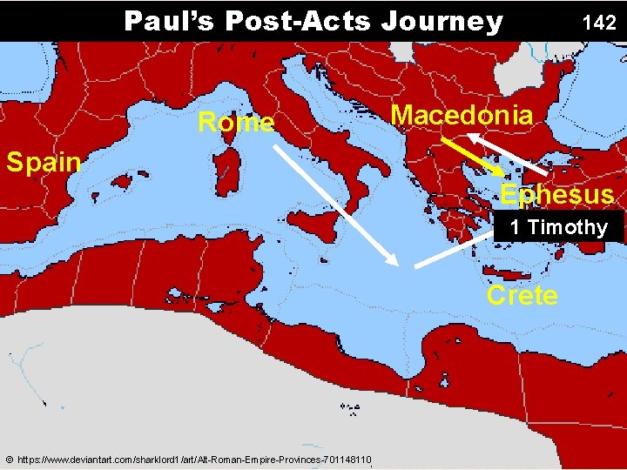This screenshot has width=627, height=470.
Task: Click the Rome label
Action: [236, 123]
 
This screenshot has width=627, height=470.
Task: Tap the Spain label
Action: [43, 161]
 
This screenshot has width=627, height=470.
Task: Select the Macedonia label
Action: [462, 115]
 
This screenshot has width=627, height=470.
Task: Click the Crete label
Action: [522, 295]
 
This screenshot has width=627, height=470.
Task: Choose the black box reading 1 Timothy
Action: [558, 227]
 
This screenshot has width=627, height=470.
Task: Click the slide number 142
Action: [599, 23]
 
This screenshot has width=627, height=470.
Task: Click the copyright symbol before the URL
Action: [9, 460]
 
